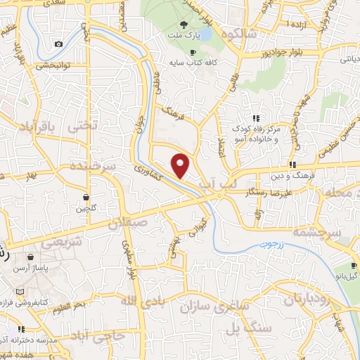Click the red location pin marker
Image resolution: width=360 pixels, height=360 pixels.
tap(181, 165)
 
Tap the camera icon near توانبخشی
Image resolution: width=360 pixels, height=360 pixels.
tap(58, 44)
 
